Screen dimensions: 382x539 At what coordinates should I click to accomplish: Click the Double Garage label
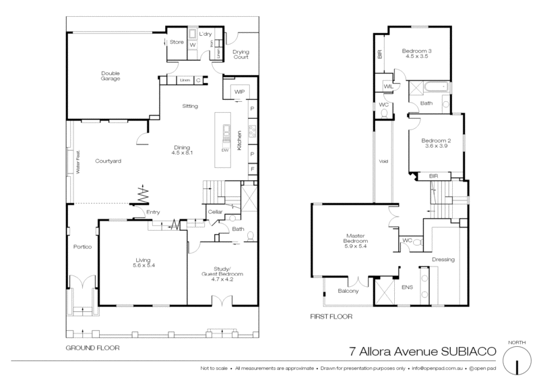tap(110, 76)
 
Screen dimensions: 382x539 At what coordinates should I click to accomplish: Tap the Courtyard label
tap(108, 161)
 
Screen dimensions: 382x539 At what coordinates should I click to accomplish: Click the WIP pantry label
tap(239, 91)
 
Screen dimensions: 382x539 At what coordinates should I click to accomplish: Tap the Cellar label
tap(215, 212)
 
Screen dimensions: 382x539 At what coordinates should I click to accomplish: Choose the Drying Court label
tap(241, 54)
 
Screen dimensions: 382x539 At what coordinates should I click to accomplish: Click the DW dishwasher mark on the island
tap(226, 149)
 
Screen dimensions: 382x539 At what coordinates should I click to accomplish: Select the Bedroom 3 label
tap(416, 52)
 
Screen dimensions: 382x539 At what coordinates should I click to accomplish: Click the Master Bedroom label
tap(355, 241)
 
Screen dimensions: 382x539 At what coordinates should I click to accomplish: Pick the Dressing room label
tap(443, 259)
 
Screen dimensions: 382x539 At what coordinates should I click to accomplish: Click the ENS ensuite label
tap(407, 288)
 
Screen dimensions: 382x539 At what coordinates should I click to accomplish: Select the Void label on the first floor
tap(384, 161)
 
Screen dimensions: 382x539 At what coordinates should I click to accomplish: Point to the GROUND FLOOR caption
tap(92, 349)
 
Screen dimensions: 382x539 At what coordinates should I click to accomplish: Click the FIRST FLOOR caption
tap(331, 315)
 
